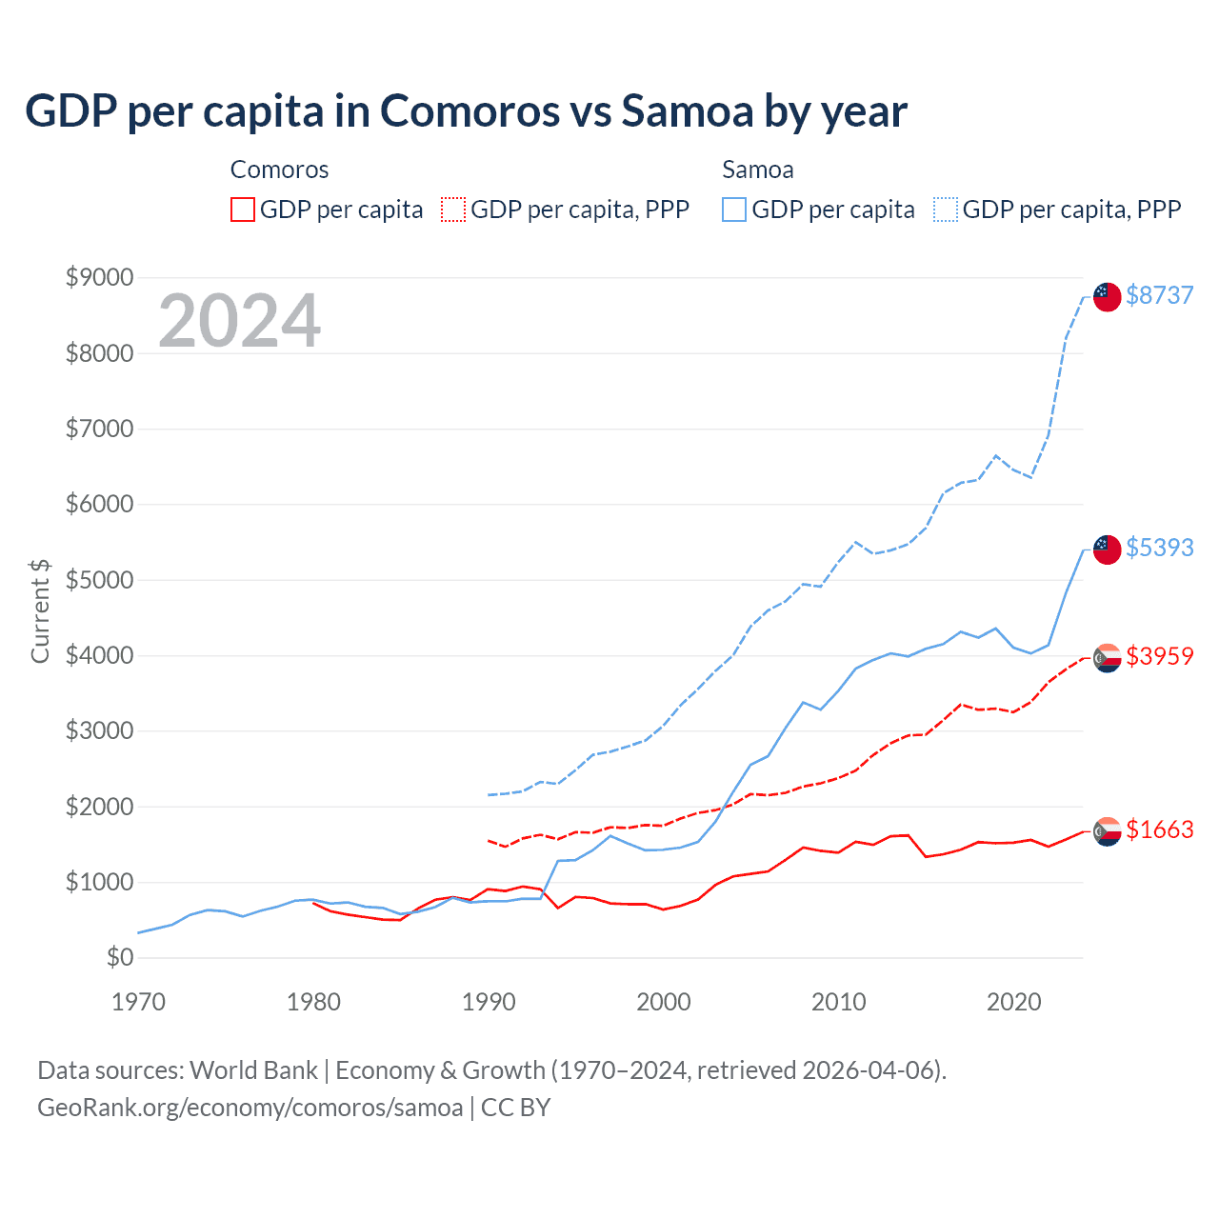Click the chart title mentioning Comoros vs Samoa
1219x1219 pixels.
point(466,111)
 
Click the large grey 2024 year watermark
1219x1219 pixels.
point(239,321)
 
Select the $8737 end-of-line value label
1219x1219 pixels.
point(1159,295)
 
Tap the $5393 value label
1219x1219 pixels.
point(1159,548)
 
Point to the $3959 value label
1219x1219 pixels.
point(1159,656)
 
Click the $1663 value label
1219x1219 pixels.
point(1159,829)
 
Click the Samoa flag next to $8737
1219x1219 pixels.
point(1107,296)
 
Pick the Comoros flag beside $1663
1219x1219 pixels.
point(1107,831)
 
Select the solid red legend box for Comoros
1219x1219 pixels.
point(243,210)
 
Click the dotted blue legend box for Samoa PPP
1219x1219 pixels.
point(946,210)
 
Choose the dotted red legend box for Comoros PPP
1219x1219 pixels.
point(454,210)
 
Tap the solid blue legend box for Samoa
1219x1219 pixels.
point(734,210)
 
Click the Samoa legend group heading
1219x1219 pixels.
point(757,170)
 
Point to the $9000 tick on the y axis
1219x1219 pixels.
point(99,277)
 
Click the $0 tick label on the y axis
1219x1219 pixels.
point(119,957)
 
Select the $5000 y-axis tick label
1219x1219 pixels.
point(99,580)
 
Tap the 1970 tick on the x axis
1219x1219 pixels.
point(138,1002)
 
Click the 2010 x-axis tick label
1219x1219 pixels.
point(838,1002)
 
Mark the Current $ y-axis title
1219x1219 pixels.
point(40,610)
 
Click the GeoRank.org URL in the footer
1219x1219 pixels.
point(250,1108)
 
